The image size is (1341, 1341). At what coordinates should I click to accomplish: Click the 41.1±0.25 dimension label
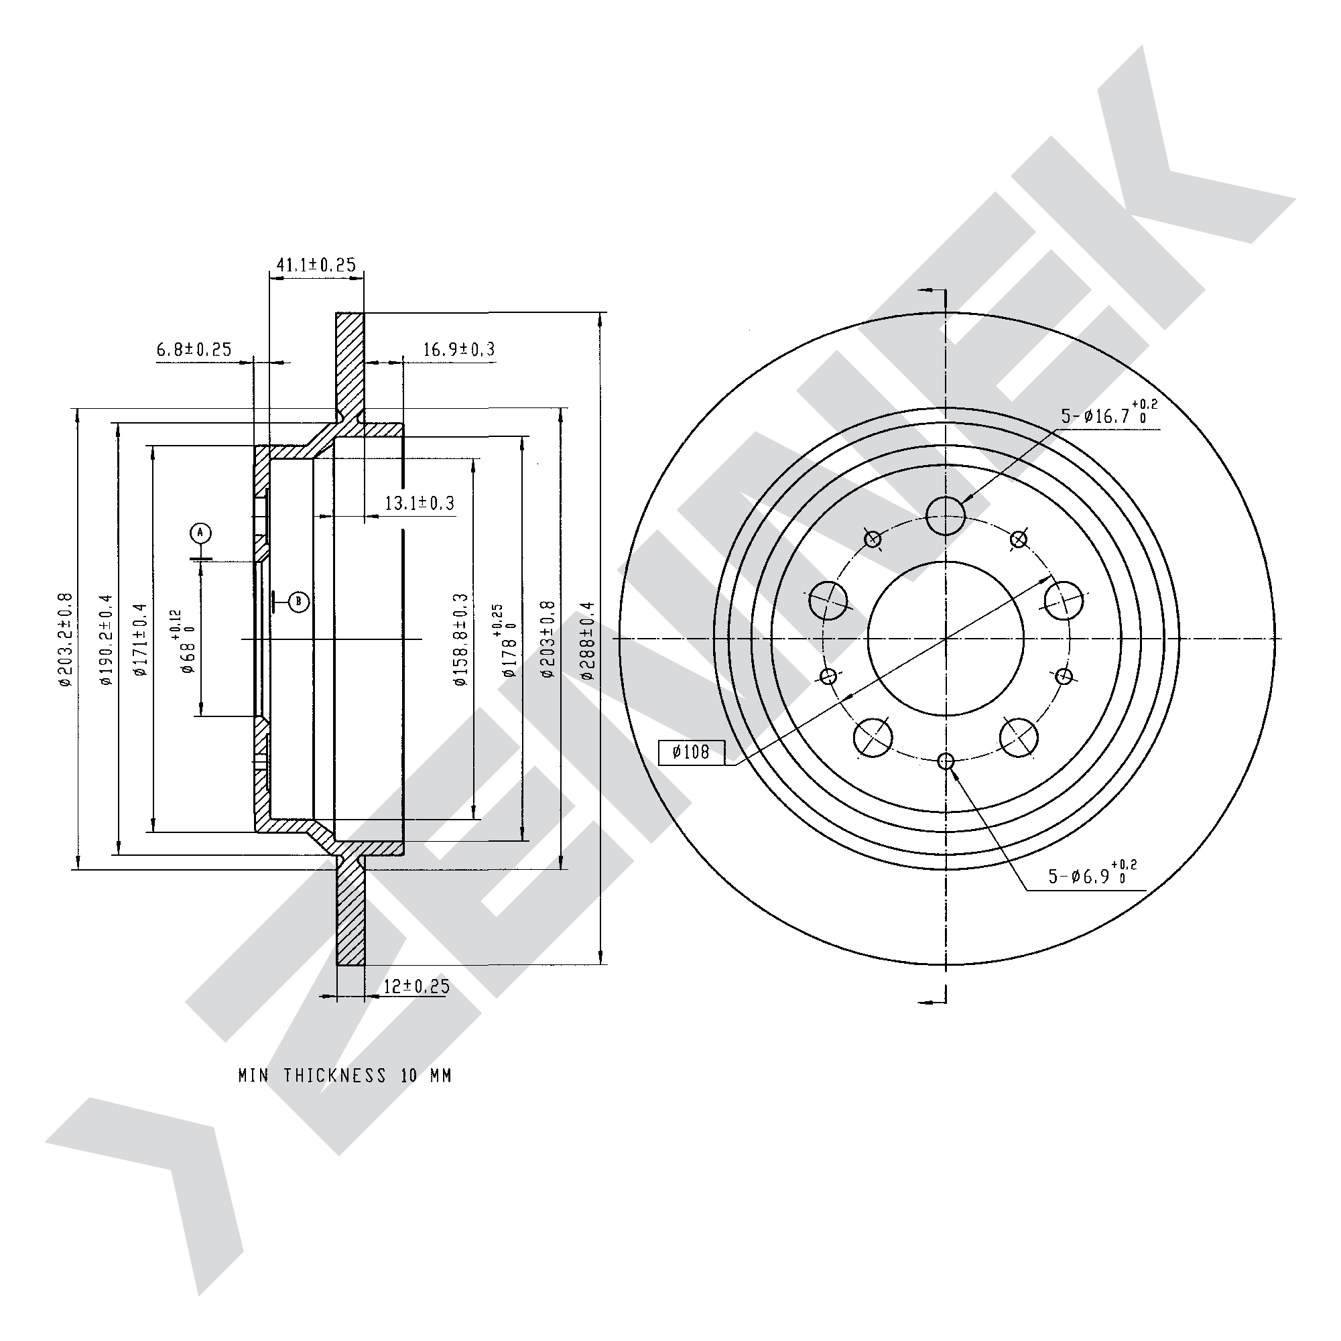[x=316, y=265]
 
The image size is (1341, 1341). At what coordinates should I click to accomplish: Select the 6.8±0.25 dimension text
[x=194, y=349]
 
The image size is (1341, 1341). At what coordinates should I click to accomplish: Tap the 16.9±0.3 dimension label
[x=459, y=349]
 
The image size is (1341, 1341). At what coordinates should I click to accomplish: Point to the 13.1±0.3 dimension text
[x=420, y=503]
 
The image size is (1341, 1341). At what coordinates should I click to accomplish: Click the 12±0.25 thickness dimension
[x=416, y=986]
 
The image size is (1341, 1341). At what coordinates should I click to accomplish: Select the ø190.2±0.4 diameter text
[x=105, y=639]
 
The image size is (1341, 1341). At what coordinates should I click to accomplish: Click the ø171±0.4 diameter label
[x=140, y=639]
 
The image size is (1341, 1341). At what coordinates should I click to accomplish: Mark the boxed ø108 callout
[x=692, y=753]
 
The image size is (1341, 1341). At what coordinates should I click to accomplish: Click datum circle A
[x=200, y=533]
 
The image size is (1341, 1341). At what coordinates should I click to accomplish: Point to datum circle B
[x=298, y=601]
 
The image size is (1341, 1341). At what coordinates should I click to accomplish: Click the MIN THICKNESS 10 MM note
[x=345, y=1076]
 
